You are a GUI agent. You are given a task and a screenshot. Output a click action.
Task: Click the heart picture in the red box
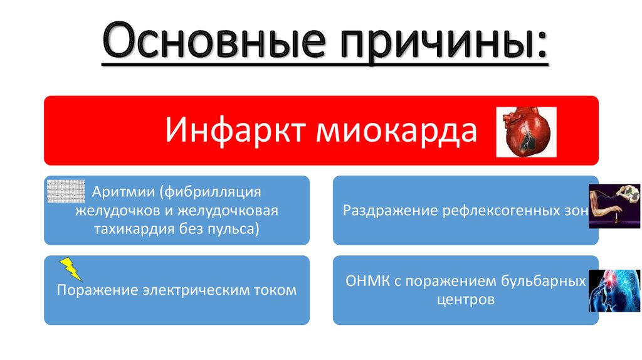(x=526, y=132)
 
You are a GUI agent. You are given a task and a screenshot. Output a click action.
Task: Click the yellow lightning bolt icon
(x=71, y=268)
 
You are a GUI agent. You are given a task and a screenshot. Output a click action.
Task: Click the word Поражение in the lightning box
(x=97, y=290)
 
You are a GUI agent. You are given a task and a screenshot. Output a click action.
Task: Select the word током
(x=276, y=290)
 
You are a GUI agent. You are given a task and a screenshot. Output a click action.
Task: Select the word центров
(x=465, y=300)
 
